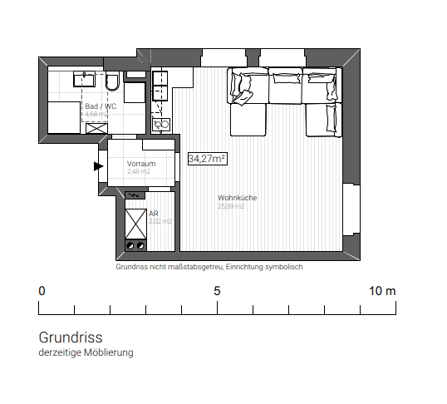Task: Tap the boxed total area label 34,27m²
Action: (x=208, y=158)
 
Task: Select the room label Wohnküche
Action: (x=237, y=198)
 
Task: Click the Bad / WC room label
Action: (x=101, y=106)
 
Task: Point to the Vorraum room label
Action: (x=141, y=164)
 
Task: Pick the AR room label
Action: (x=154, y=214)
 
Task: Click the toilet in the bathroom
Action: (x=112, y=81)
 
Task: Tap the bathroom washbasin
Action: (x=84, y=79)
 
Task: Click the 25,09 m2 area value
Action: (x=231, y=207)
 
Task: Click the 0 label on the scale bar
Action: (x=42, y=291)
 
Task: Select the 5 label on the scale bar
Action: (x=217, y=291)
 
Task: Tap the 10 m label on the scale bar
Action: (x=383, y=291)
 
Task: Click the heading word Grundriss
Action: (x=70, y=338)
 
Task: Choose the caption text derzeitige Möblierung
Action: (x=86, y=352)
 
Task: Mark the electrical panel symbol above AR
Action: (x=135, y=197)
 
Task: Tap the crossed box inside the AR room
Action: (x=135, y=223)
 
